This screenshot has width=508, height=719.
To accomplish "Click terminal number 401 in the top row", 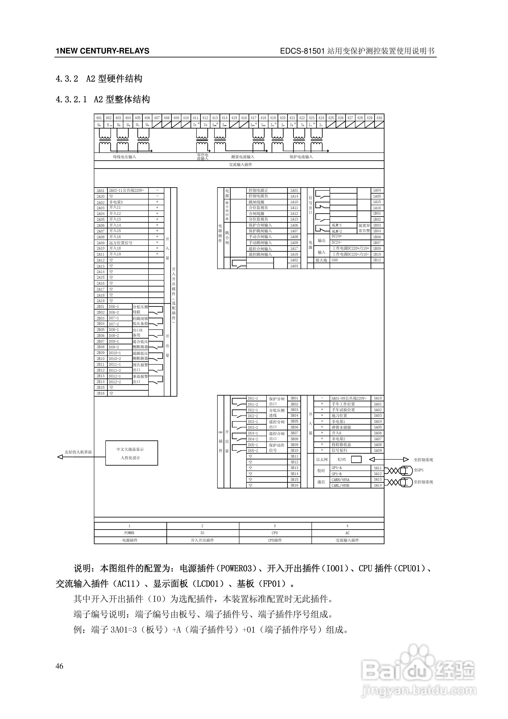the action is pyautogui.click(x=99, y=118).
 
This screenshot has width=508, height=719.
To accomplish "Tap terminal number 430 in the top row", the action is pyautogui.click(x=379, y=118).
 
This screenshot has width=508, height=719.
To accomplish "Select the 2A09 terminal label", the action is pyautogui.click(x=100, y=243).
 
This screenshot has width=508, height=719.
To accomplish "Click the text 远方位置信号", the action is pyautogui.click(x=121, y=243).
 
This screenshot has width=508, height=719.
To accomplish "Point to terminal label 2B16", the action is pyautogui.click(x=100, y=393).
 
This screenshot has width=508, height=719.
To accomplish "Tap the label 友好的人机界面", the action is pyautogui.click(x=78, y=452).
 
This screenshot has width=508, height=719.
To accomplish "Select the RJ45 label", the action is pyautogui.click(x=342, y=459).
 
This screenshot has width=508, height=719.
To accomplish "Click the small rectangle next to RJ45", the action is pyautogui.click(x=356, y=459).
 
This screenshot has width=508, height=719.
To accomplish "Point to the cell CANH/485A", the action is pyautogui.click(x=341, y=479).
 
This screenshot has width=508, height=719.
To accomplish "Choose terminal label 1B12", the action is pyautogui.click(x=377, y=260).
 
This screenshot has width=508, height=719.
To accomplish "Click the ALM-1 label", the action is pyautogui.click(x=337, y=225).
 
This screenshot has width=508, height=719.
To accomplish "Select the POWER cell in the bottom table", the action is pyautogui.click(x=129, y=533).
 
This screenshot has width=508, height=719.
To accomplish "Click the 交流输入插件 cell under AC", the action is pyautogui.click(x=347, y=540).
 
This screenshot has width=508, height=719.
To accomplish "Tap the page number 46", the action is pyautogui.click(x=60, y=666).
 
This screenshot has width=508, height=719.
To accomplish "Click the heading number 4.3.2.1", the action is pyautogui.click(x=71, y=99).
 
